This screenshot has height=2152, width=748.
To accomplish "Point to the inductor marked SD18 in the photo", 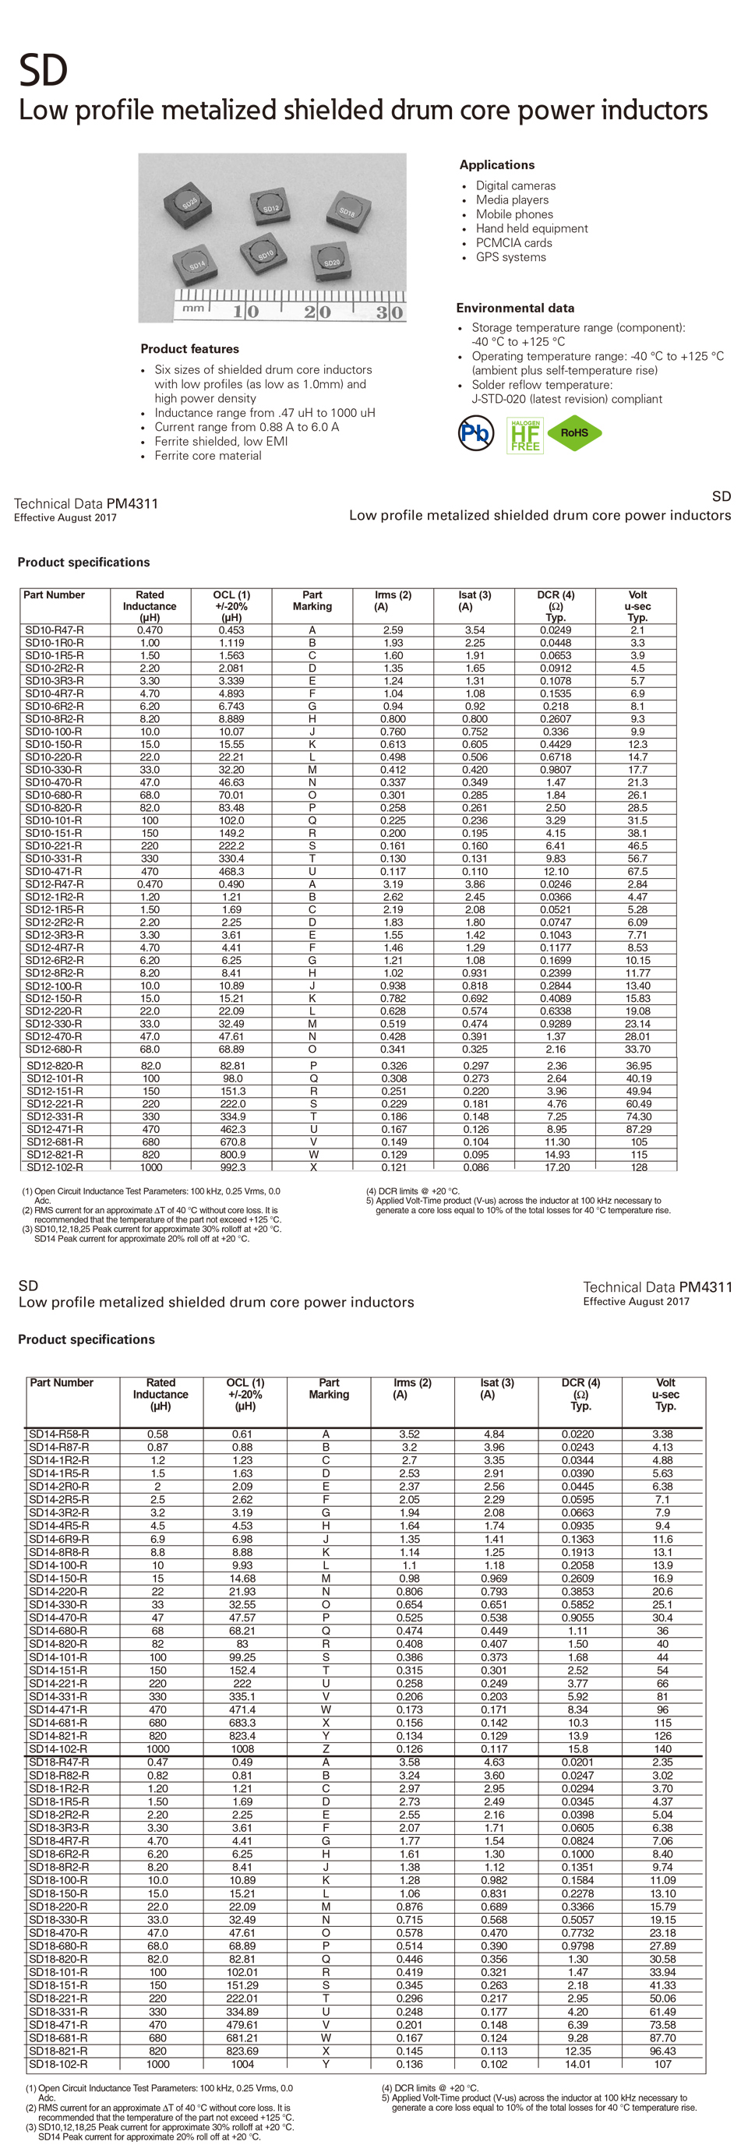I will coord(347,211).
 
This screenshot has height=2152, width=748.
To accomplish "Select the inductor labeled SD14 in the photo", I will coord(196,265).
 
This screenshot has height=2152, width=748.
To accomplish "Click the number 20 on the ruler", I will coord(317,312).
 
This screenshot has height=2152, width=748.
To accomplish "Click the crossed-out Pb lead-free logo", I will coord(476,432).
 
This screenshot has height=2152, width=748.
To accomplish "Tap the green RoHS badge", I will coord(574,432).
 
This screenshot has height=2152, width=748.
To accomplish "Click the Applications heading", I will coord(496,164).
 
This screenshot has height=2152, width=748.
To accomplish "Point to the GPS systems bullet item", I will coord(510,257).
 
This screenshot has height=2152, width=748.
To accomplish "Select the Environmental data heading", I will coord(515,308).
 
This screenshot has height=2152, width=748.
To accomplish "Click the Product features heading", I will coord(189,349).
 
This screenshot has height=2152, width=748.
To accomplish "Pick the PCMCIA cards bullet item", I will coord(514,243).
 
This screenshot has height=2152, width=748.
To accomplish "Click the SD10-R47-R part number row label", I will coord(55,630).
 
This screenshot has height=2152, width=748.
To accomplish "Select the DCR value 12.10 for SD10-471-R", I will coord(556,871).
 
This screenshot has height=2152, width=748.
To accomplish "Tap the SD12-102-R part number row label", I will coord(55,1167).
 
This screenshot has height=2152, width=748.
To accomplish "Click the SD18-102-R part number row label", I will coord(58,2064).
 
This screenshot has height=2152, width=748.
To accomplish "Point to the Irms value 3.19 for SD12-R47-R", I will coord(393,884).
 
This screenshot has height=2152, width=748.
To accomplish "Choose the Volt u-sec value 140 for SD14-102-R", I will coord(663,1748).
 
